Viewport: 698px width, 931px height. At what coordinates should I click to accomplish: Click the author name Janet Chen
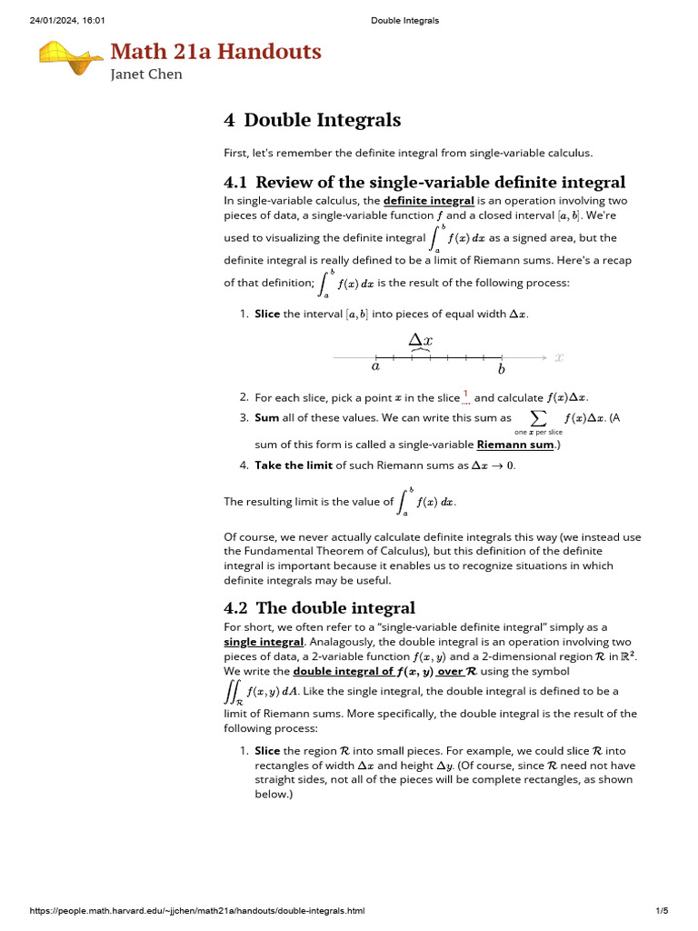(x=146, y=75)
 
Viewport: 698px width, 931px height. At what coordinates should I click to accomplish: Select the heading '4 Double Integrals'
(x=312, y=120)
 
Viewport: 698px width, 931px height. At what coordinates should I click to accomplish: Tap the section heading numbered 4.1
(x=424, y=182)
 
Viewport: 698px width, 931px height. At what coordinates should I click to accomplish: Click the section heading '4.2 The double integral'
(x=319, y=607)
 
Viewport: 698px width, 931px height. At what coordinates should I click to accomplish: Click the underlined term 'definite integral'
(x=428, y=200)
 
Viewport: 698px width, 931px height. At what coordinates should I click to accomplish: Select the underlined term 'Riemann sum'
(x=514, y=445)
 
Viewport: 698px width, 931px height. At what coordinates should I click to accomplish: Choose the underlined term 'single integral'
(x=264, y=642)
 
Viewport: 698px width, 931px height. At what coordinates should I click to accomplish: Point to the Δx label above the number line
(x=420, y=339)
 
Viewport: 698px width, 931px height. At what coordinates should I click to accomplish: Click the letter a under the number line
(x=375, y=368)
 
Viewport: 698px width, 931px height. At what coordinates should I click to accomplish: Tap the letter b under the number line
(x=501, y=369)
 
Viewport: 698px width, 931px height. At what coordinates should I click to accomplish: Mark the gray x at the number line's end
(x=559, y=358)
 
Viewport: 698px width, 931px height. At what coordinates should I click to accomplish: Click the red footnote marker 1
(x=465, y=395)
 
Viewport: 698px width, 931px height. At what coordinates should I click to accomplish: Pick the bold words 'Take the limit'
(x=293, y=465)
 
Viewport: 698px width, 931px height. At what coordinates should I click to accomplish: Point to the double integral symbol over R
(x=232, y=693)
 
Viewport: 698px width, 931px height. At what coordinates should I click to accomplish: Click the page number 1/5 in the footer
(x=662, y=911)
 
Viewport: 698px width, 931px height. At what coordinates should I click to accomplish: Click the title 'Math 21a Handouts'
(x=215, y=52)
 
